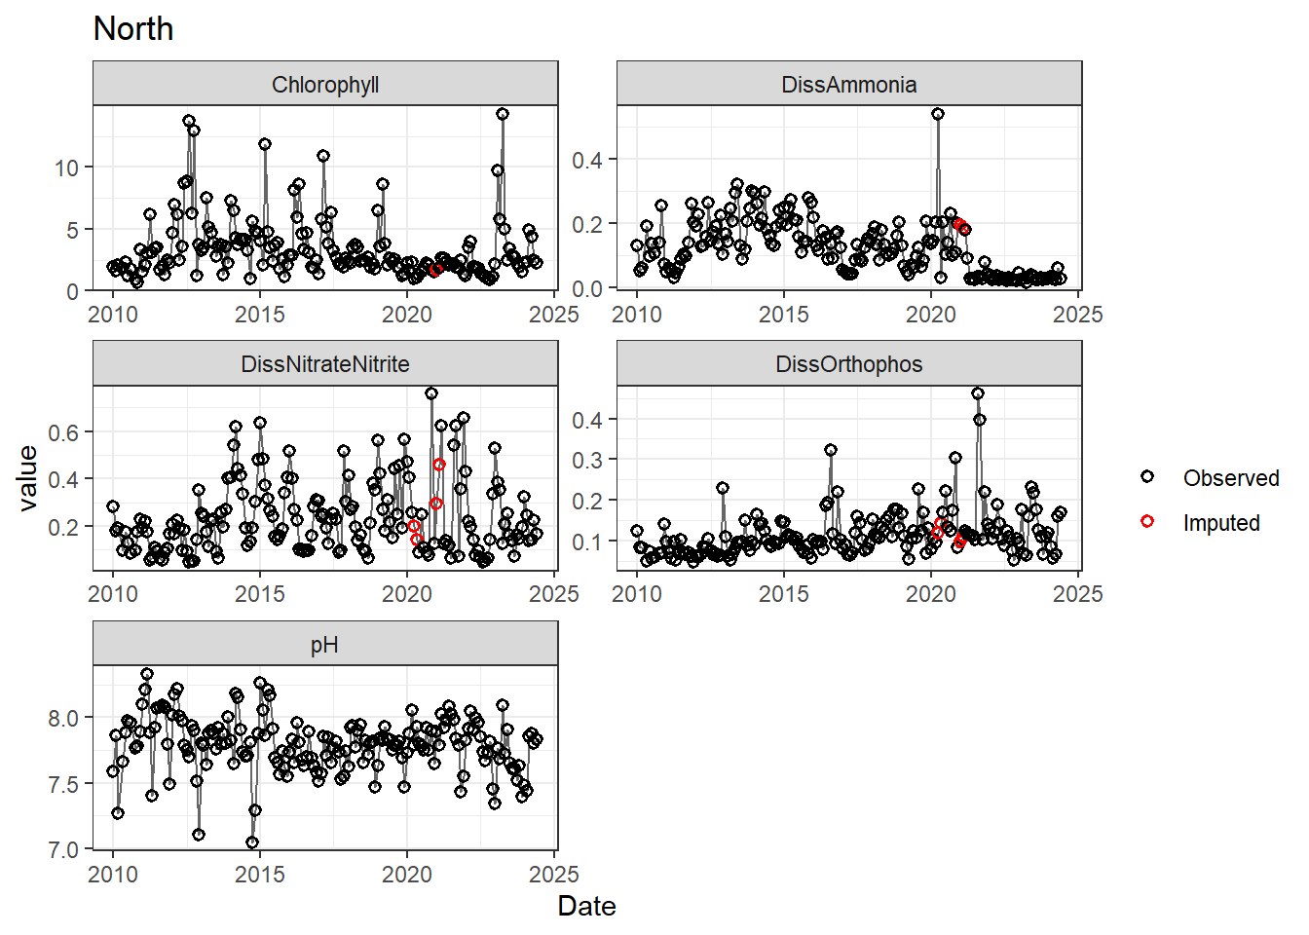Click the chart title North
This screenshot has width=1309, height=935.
pyautogui.click(x=133, y=29)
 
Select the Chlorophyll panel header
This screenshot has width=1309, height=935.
pyautogui.click(x=325, y=85)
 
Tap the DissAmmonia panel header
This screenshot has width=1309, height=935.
pyautogui.click(x=848, y=85)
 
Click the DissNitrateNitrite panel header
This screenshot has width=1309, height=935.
pyautogui.click(x=325, y=364)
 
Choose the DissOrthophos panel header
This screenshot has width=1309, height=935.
pyautogui.click(x=848, y=364)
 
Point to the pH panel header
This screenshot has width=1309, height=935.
pyautogui.click(x=325, y=645)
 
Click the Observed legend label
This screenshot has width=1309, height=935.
pyautogui.click(x=1230, y=478)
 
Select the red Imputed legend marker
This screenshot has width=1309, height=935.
pyautogui.click(x=1147, y=522)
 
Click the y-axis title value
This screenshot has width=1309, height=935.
pyautogui.click(x=28, y=478)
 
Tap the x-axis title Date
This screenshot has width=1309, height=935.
pyautogui.click(x=586, y=907)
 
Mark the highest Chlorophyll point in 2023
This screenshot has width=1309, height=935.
pyautogui.click(x=503, y=114)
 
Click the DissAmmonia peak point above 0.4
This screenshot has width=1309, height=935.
pyautogui.click(x=938, y=114)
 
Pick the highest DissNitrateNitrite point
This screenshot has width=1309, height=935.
pyautogui.click(x=431, y=393)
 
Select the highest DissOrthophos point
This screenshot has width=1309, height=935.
pyautogui.click(x=978, y=393)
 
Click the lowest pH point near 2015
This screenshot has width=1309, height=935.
pyautogui.click(x=252, y=842)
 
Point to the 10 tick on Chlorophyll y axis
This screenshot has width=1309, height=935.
pyautogui.click(x=66, y=168)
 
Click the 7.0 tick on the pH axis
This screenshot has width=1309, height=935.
pyautogui.click(x=63, y=850)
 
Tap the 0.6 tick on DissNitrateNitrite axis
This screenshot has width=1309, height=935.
pyautogui.click(x=63, y=432)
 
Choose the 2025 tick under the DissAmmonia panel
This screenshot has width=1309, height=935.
pyautogui.click(x=1077, y=315)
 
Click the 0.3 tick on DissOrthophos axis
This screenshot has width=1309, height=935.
pyautogui.click(x=587, y=460)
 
